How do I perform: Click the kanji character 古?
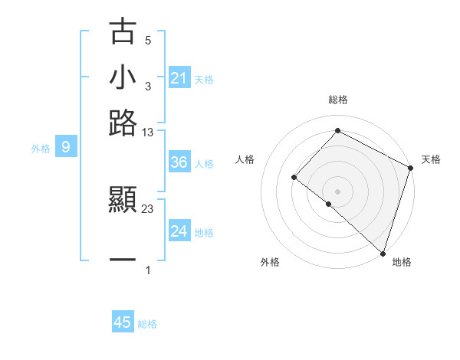(123, 31)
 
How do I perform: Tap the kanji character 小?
(123, 77)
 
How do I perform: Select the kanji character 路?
(123, 123)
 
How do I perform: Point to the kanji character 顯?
(123, 201)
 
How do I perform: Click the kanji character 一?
(123, 260)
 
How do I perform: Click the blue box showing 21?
(179, 77)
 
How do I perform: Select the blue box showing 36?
(179, 162)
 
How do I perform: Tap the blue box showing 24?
(179, 231)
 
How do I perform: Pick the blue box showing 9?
(66, 148)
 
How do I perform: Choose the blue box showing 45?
(123, 322)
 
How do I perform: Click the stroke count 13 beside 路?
(148, 133)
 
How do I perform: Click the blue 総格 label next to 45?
(147, 324)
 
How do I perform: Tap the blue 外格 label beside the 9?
(40, 149)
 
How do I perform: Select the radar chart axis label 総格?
(337, 100)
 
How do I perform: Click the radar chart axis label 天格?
(431, 159)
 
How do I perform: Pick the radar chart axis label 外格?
(270, 263)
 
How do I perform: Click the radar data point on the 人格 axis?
(294, 178)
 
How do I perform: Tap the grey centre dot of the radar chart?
(337, 191)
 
